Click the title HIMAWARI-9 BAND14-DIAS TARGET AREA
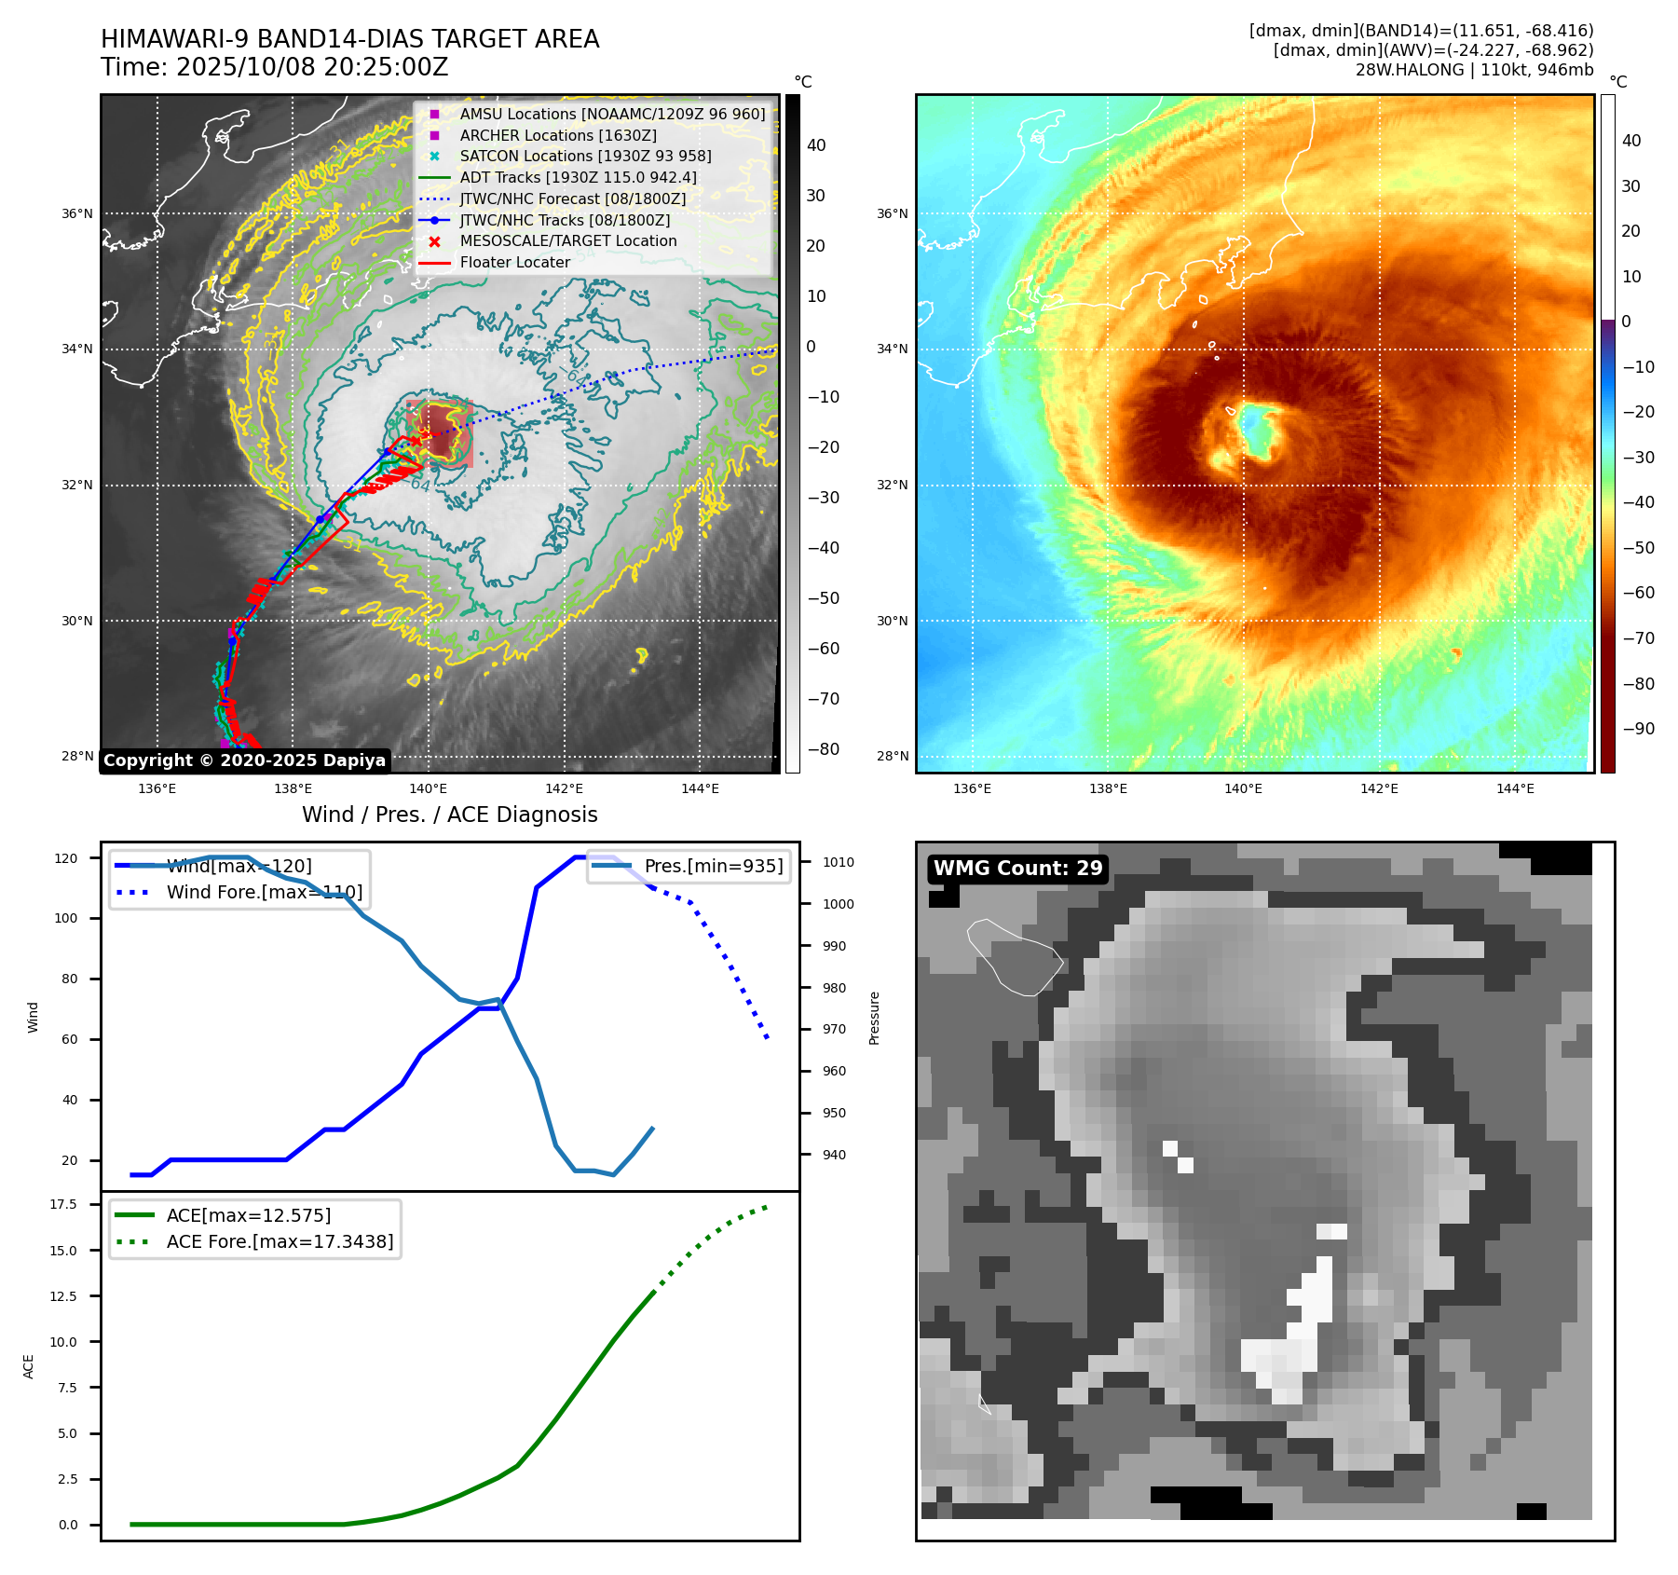pyautogui.click(x=349, y=39)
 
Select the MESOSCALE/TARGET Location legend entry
pyautogui.click(x=567, y=240)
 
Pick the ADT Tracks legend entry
pyautogui.click(x=578, y=177)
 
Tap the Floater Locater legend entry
pyautogui.click(x=514, y=262)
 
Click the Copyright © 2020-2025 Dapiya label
pyautogui.click(x=244, y=760)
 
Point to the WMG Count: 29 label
pyautogui.click(x=1017, y=869)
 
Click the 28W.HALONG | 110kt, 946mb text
pyautogui.click(x=1474, y=70)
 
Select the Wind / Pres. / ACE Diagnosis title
pyautogui.click(x=450, y=815)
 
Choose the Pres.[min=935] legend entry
pyautogui.click(x=713, y=866)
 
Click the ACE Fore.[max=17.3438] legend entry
pyautogui.click(x=280, y=1241)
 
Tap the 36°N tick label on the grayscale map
pyautogui.click(x=77, y=213)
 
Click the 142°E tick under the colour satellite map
pyautogui.click(x=1379, y=788)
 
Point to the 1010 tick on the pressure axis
pyautogui.click(x=838, y=862)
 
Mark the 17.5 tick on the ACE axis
pyautogui.click(x=63, y=1204)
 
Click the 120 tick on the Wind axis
pyautogui.click(x=66, y=858)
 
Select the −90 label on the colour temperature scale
pyautogui.click(x=1638, y=729)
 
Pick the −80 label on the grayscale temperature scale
pyautogui.click(x=823, y=749)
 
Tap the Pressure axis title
pyautogui.click(x=874, y=1018)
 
